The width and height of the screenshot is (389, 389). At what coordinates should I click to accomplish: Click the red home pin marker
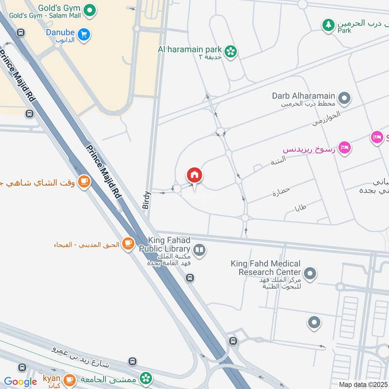click(x=194, y=176)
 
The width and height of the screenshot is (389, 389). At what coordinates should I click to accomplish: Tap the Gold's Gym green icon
click(x=89, y=9)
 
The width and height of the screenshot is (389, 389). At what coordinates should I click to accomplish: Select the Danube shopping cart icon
click(x=85, y=34)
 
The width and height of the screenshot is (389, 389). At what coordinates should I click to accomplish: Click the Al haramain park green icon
click(x=231, y=50)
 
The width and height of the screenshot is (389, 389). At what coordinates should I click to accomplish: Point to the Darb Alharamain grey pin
click(x=344, y=99)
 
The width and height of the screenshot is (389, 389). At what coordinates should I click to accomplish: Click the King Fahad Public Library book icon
click(x=199, y=250)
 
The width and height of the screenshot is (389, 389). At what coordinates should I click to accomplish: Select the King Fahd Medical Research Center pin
click(x=310, y=274)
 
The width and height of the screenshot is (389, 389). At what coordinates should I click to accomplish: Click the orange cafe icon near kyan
click(x=70, y=379)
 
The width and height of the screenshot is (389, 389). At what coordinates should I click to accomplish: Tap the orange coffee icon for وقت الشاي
click(x=84, y=182)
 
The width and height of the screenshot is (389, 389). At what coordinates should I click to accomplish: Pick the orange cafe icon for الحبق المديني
click(x=128, y=244)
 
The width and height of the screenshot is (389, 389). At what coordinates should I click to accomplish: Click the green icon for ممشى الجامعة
click(x=145, y=378)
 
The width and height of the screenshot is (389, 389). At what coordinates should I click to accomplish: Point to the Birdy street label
click(x=147, y=200)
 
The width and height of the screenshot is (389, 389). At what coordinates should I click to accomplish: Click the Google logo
click(x=20, y=382)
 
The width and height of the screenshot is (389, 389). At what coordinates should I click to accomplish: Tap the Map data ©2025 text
click(x=363, y=384)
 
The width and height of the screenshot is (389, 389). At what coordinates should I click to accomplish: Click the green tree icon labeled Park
click(x=329, y=25)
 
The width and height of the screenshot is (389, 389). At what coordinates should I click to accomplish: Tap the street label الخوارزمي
click(x=326, y=119)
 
